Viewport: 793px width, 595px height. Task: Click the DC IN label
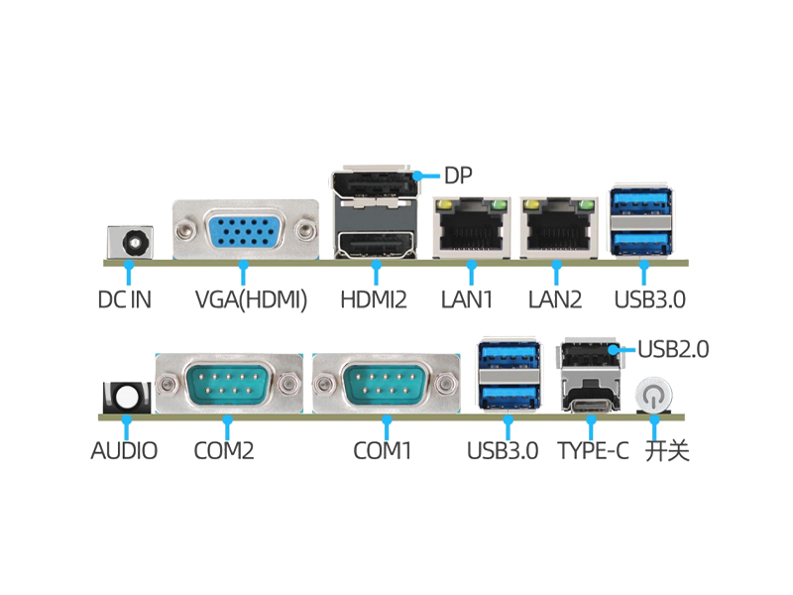125,298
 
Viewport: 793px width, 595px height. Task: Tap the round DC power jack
131,242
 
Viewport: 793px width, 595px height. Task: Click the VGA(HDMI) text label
251,298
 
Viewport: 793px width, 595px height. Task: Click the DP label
458,177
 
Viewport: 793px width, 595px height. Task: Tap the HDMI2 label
374,298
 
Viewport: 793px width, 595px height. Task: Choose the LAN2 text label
555,298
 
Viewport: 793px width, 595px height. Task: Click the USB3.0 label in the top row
650,298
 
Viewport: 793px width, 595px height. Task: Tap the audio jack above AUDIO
128,398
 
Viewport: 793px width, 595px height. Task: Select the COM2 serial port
227,382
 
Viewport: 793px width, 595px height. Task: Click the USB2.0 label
673,349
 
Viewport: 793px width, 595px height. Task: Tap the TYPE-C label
593,451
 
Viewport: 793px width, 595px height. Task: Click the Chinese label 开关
667,451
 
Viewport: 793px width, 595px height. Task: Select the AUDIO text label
124,451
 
